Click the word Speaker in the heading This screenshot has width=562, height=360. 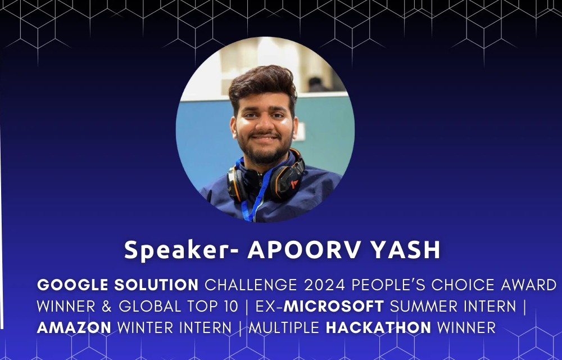point(176,250)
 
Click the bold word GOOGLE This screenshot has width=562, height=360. point(72,285)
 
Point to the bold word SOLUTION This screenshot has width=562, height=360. point(156,285)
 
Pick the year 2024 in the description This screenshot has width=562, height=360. point(324,285)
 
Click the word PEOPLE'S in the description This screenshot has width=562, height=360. point(388,285)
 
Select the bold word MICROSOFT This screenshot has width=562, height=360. point(334,306)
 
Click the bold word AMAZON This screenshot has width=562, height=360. point(74,328)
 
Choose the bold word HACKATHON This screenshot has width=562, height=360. point(378,328)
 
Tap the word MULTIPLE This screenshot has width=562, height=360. point(284,328)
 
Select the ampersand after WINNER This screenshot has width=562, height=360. point(107,306)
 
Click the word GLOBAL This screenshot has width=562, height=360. point(150,306)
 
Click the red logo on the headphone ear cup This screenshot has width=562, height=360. point(294,184)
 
